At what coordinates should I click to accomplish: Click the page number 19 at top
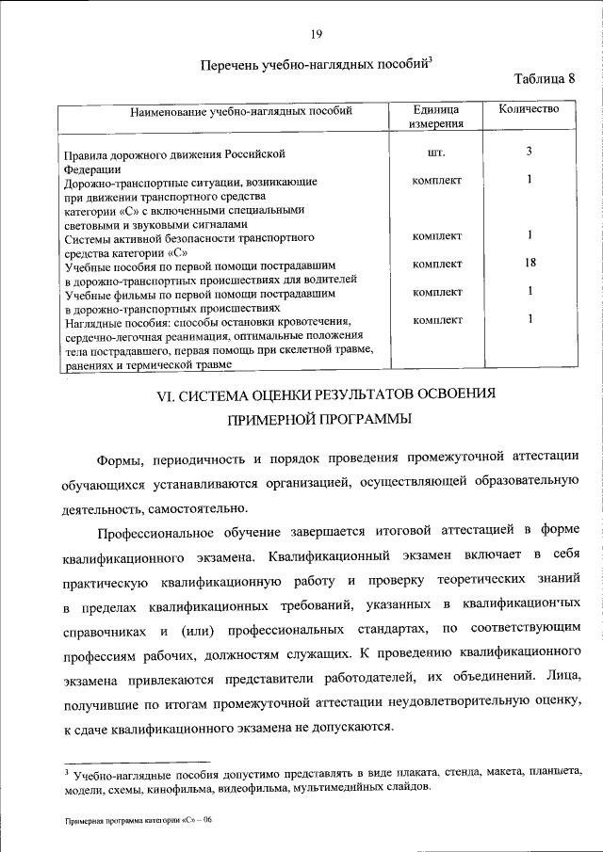tap(317, 34)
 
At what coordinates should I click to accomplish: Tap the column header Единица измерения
tap(436, 116)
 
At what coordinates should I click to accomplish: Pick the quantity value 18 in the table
tap(530, 265)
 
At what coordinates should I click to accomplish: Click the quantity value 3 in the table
tap(530, 151)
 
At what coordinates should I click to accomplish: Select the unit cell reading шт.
tap(436, 152)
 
